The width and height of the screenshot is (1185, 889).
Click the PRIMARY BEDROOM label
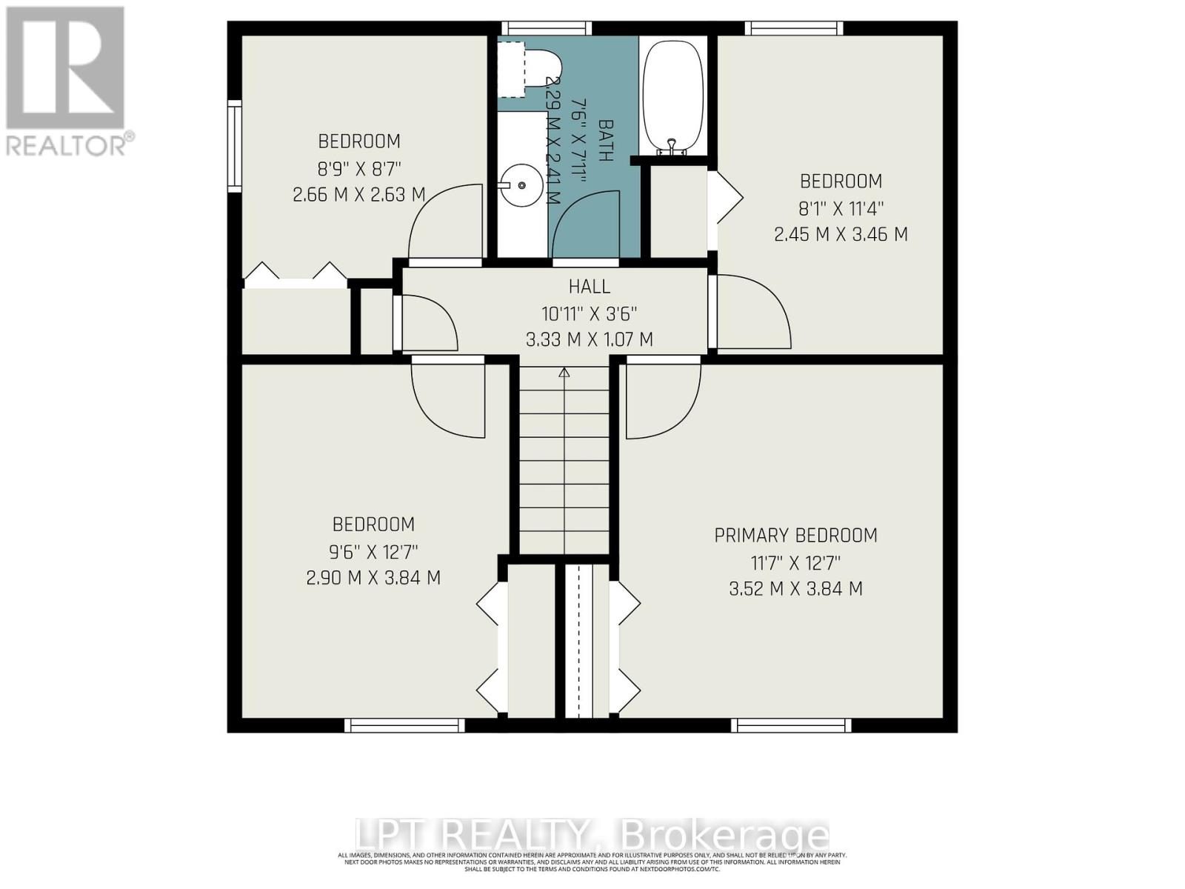click(795, 535)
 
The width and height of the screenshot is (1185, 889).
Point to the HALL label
click(590, 286)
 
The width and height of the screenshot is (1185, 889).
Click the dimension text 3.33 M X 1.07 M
click(590, 340)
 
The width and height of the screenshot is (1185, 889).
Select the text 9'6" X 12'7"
click(373, 551)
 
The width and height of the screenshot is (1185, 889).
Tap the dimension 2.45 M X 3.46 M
click(841, 235)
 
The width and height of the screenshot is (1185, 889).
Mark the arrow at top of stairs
click(564, 373)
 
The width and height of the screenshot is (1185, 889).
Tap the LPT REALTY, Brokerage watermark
click(592, 836)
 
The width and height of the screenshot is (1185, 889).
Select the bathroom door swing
click(585, 226)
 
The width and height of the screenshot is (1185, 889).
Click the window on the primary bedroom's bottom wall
click(792, 725)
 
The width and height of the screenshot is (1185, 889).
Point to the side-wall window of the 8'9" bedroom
click(234, 146)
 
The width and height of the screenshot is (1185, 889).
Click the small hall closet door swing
click(425, 323)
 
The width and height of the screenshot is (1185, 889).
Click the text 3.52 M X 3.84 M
click(795, 589)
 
